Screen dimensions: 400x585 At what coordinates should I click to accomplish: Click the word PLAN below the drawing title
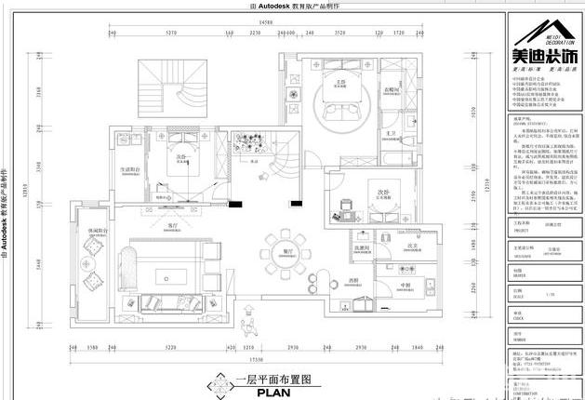[268, 392]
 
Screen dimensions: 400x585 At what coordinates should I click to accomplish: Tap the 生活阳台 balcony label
[129, 169]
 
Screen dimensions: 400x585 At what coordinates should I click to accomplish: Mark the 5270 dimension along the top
[172, 32]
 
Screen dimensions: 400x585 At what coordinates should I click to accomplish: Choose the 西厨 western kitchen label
[353, 279]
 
